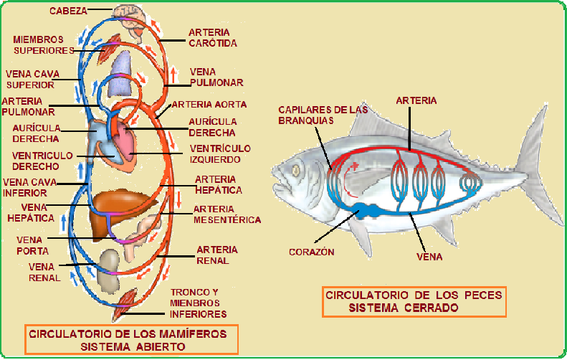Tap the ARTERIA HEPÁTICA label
(x=219, y=184)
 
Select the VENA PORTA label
(x=33, y=245)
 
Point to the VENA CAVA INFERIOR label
(x=27, y=187)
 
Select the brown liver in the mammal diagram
(x=118, y=201)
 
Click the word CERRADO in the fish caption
(x=429, y=308)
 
